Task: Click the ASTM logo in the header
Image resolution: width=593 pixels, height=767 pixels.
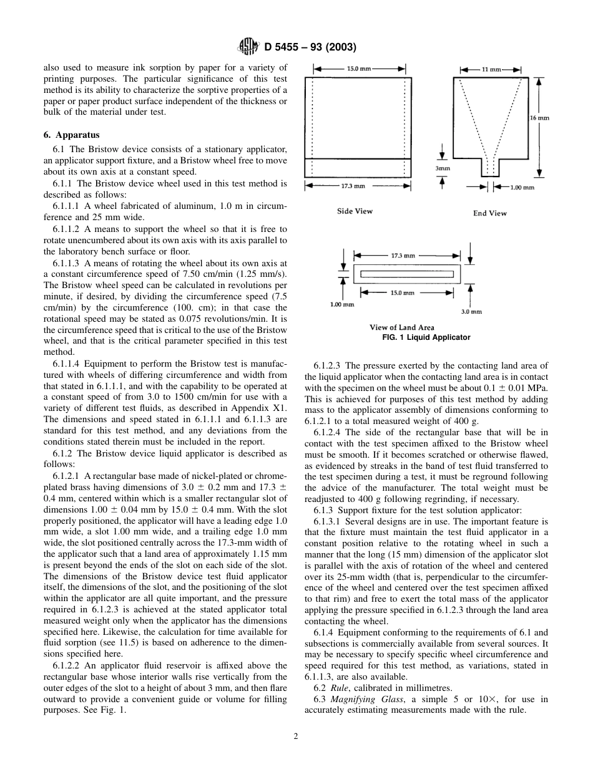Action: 248,47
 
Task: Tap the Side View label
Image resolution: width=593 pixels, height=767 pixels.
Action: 355,211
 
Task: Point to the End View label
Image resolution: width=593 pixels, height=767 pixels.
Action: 489,213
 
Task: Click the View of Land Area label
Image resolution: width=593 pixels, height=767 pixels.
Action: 401,327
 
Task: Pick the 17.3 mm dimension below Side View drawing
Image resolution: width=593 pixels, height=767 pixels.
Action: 353,186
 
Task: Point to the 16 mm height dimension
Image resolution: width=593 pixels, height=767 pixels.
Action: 540,117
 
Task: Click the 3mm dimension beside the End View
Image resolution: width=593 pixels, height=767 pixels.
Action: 443,168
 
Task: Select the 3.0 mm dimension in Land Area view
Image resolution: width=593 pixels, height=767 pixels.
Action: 472,311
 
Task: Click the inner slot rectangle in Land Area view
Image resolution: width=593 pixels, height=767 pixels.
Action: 407,274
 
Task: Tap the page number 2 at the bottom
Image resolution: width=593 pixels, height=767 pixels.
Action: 296,736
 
